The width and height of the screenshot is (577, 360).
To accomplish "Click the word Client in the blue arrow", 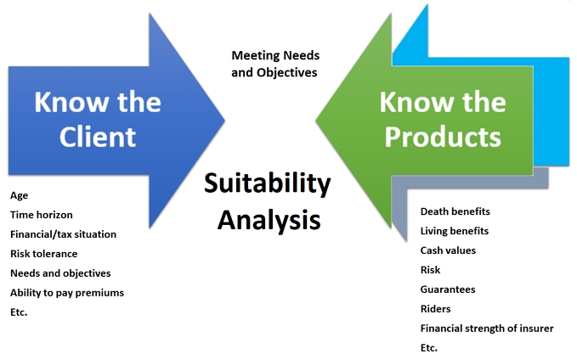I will click(97, 136).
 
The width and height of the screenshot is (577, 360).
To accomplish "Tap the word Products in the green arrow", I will click(441, 136).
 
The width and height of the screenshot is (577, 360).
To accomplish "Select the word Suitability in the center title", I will click(268, 183).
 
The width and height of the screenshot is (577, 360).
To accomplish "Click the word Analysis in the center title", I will click(269, 218).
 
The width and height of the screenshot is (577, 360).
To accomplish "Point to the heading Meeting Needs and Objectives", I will click(274, 64).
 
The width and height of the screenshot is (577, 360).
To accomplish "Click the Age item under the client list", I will click(19, 195).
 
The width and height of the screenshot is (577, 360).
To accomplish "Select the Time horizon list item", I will click(41, 215).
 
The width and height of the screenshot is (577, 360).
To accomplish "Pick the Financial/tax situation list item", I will click(63, 234).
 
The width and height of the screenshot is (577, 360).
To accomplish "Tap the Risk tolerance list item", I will click(43, 254).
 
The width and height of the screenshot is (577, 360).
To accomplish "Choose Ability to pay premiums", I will click(67, 293).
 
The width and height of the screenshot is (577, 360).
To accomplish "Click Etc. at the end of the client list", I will click(19, 312).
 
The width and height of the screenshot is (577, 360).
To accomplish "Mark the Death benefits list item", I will click(455, 211).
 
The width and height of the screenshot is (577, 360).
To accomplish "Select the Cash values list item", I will click(448, 250).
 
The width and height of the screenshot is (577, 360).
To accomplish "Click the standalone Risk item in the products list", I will click(431, 270).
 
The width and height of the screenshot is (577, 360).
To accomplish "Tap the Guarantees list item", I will click(448, 290).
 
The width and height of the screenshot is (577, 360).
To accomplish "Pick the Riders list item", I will click(435, 309).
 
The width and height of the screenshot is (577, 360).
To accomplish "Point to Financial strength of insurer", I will click(487, 329).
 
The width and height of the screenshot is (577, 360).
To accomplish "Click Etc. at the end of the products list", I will click(429, 348).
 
